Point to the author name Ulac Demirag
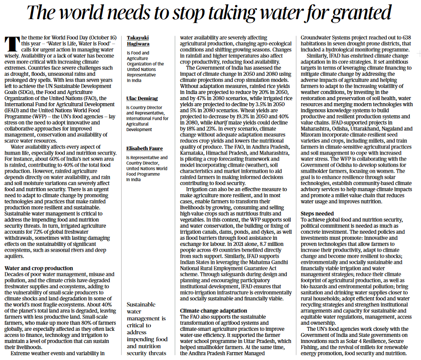coord(142,98)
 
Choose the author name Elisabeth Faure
coord(144,148)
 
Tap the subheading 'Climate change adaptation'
coord(214,310)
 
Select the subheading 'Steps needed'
coord(317,213)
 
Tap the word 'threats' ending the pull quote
coord(158,353)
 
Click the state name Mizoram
coord(312,135)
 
